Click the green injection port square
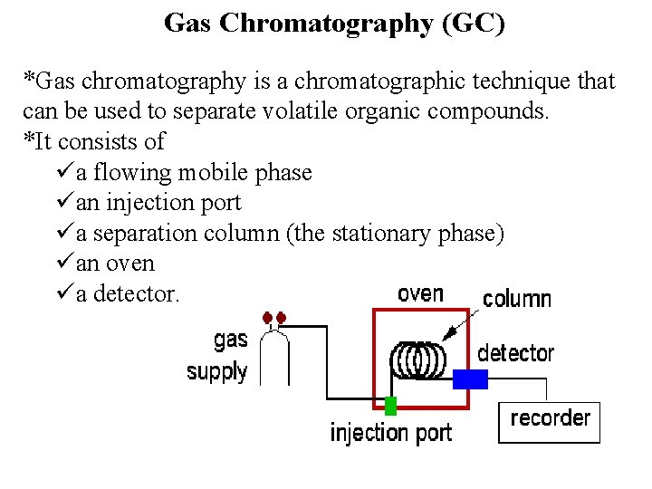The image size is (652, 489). [390, 405]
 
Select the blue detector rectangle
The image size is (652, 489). [470, 379]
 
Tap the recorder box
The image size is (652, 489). [550, 423]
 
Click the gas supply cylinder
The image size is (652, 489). [274, 358]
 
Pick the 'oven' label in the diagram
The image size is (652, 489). [420, 294]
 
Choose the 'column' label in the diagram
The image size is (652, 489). [516, 299]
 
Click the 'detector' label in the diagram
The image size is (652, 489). [515, 352]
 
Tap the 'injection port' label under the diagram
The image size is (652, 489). [390, 433]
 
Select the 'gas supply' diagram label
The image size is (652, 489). [218, 355]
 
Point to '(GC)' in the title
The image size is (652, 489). [473, 24]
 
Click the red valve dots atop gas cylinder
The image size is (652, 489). [274, 318]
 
